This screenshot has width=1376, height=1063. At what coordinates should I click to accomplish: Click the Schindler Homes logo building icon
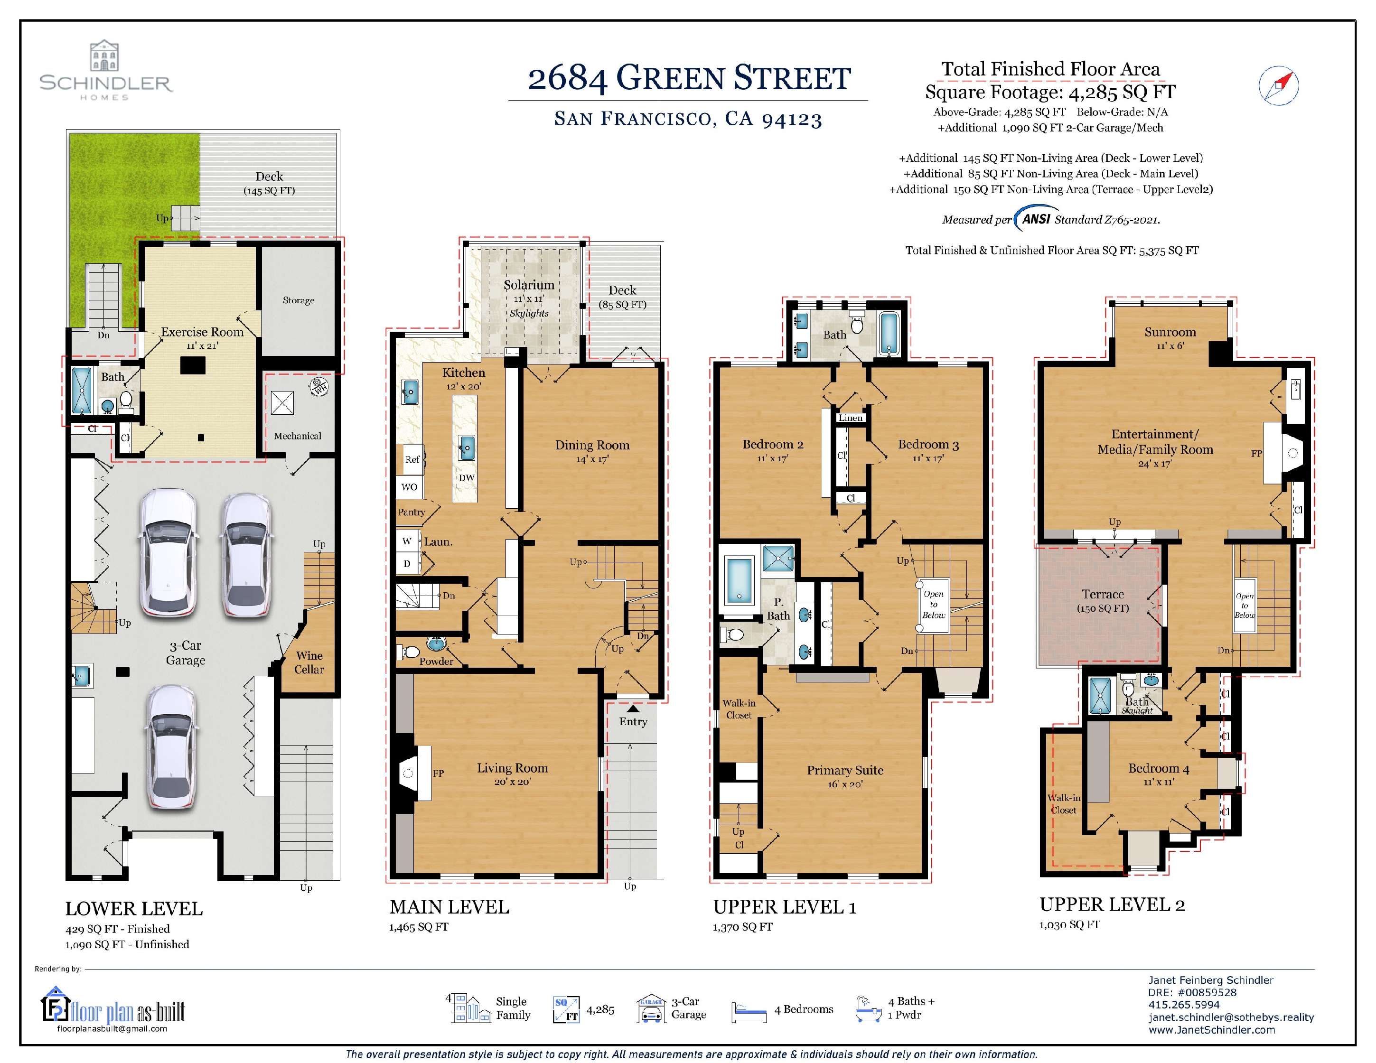coord(104,56)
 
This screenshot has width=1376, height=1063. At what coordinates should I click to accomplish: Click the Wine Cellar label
coord(309,662)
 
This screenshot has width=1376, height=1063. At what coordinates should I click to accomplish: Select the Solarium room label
coord(529,285)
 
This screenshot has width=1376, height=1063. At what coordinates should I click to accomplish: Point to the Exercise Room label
coord(202,332)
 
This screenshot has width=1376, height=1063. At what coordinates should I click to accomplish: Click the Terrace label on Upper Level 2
coord(1103,594)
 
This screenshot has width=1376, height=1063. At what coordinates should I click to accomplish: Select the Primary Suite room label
coord(845,770)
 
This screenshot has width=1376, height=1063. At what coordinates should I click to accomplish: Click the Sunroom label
coord(1170,332)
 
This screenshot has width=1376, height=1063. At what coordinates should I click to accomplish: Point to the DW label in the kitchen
coord(466,478)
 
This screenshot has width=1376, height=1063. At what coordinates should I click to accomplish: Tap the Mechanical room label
coord(298,436)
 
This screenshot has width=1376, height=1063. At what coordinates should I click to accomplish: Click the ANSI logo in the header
coord(1035,218)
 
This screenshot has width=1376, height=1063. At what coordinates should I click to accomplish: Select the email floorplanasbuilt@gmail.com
coord(112,1028)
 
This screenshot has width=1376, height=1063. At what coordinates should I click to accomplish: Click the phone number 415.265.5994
coord(1183,1005)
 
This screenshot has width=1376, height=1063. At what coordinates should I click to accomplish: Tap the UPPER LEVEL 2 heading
coord(1112,905)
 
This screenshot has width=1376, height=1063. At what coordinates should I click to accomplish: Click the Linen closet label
coord(850,418)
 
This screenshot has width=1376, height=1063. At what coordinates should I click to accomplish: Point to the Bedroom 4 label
coord(1158,768)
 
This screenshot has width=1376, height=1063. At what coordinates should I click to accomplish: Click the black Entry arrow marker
coord(633,709)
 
